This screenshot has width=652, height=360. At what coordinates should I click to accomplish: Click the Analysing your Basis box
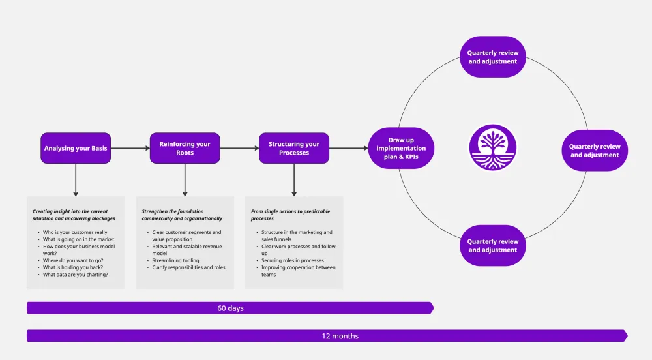pyautogui.click(x=76, y=148)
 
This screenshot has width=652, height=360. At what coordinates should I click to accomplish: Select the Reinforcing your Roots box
pyautogui.click(x=185, y=148)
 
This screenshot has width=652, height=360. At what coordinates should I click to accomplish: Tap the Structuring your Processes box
pyautogui.click(x=294, y=148)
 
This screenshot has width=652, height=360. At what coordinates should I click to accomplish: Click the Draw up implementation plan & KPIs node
pyautogui.click(x=401, y=148)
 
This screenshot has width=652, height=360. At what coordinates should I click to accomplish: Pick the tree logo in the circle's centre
pyautogui.click(x=493, y=148)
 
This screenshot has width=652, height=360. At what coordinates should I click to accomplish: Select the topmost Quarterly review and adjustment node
pyautogui.click(x=493, y=57)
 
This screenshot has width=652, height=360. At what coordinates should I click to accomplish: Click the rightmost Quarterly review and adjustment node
pyautogui.click(x=595, y=151)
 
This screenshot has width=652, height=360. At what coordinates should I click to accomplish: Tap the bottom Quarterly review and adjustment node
pyautogui.click(x=493, y=245)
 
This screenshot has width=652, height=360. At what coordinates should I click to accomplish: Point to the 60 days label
pyautogui.click(x=230, y=308)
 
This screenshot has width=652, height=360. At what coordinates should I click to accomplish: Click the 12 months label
pyautogui.click(x=340, y=336)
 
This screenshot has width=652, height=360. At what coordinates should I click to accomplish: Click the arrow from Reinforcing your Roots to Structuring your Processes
pyautogui.click(x=239, y=148)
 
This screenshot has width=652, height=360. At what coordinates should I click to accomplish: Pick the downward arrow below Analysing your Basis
pyautogui.click(x=76, y=179)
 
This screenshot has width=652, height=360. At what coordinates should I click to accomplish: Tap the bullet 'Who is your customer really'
pyautogui.click(x=75, y=232)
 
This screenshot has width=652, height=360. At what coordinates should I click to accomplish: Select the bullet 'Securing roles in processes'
pyautogui.click(x=292, y=260)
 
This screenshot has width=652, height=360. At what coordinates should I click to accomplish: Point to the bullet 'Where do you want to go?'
pyautogui.click(x=73, y=260)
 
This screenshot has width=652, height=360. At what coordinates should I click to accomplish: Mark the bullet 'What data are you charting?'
pyautogui.click(x=76, y=275)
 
